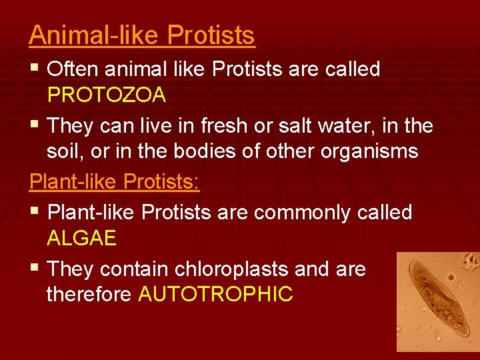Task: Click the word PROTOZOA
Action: click(x=106, y=95)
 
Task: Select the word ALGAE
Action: click(x=81, y=238)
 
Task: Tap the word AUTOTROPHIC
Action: click(x=215, y=294)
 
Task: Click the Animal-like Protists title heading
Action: click(x=141, y=35)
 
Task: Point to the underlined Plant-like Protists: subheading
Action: click(x=114, y=183)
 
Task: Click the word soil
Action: click(x=64, y=151)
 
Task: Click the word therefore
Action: click(x=89, y=294)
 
